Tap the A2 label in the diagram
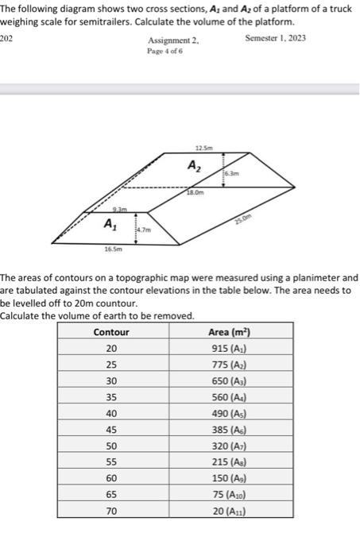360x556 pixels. (194, 166)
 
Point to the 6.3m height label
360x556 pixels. (230, 173)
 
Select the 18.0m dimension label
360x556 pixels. (195, 193)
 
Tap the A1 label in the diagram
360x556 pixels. (109, 225)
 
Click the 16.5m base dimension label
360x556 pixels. (112, 249)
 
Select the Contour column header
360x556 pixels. (111, 332)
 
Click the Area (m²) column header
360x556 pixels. (229, 332)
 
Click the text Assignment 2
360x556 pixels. (173, 39)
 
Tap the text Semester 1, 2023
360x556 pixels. (276, 38)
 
